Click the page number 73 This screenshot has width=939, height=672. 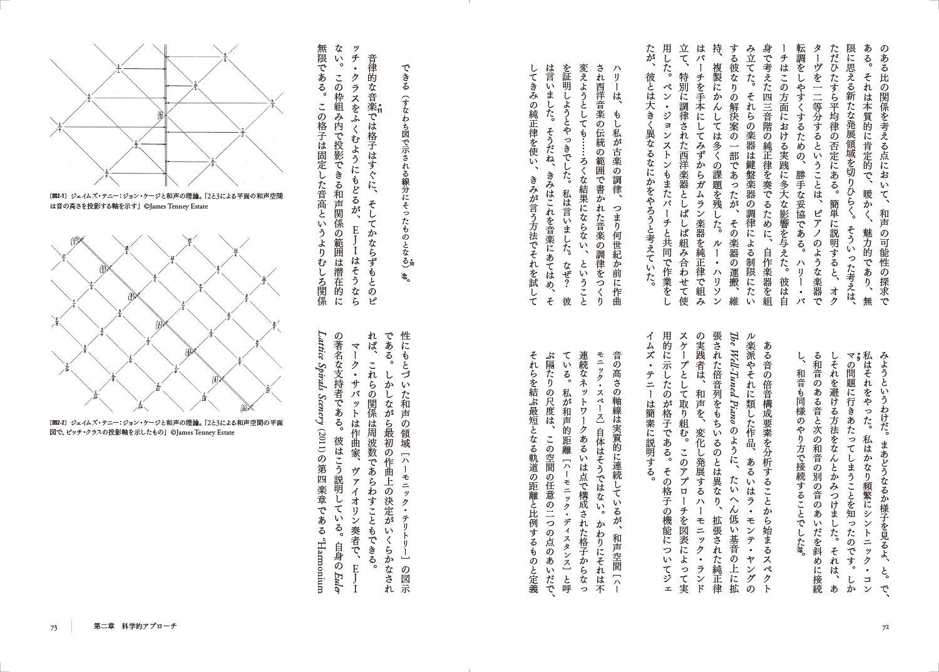coord(54,628)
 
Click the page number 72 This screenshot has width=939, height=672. coord(885,628)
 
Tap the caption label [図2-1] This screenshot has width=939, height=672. coord(60,195)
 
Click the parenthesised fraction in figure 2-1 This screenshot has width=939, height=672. coord(160,116)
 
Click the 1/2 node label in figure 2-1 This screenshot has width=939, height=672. coord(136,145)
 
